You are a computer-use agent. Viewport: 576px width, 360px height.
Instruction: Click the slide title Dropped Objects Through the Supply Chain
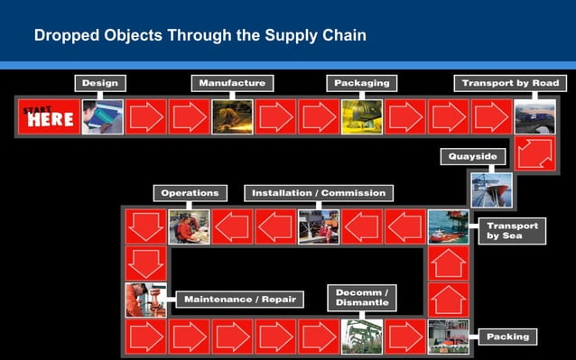click(200, 37)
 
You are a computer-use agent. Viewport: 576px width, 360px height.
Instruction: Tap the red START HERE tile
click(48, 117)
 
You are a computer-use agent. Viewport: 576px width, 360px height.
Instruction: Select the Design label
click(99, 83)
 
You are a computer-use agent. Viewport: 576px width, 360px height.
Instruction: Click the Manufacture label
click(232, 83)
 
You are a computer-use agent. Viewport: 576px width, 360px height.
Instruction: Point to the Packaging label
click(361, 83)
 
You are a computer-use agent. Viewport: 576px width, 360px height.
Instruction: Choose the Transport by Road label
click(510, 83)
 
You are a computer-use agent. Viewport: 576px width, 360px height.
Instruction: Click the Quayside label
click(472, 156)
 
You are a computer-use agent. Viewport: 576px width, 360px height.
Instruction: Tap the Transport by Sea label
click(512, 230)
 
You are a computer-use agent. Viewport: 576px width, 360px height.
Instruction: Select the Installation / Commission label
click(318, 192)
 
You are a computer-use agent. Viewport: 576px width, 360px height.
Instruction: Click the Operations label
click(190, 192)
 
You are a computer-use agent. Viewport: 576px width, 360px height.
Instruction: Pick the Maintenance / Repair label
click(238, 299)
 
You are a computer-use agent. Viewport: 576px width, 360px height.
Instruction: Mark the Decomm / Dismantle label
click(362, 298)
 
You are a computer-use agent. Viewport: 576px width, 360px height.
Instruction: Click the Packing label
click(507, 337)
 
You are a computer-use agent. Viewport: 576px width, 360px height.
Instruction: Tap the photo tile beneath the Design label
click(102, 117)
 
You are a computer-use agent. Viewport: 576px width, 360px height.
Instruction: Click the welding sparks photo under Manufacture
click(232, 117)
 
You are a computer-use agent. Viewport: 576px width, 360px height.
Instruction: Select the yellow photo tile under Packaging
click(361, 117)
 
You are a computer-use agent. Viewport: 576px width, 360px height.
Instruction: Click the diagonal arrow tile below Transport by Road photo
click(534, 152)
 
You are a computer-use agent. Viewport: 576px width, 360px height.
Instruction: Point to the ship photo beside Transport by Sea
click(448, 226)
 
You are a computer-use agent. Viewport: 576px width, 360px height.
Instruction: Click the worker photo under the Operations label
click(189, 226)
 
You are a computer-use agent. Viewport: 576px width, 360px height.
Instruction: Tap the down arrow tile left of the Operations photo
click(145, 226)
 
